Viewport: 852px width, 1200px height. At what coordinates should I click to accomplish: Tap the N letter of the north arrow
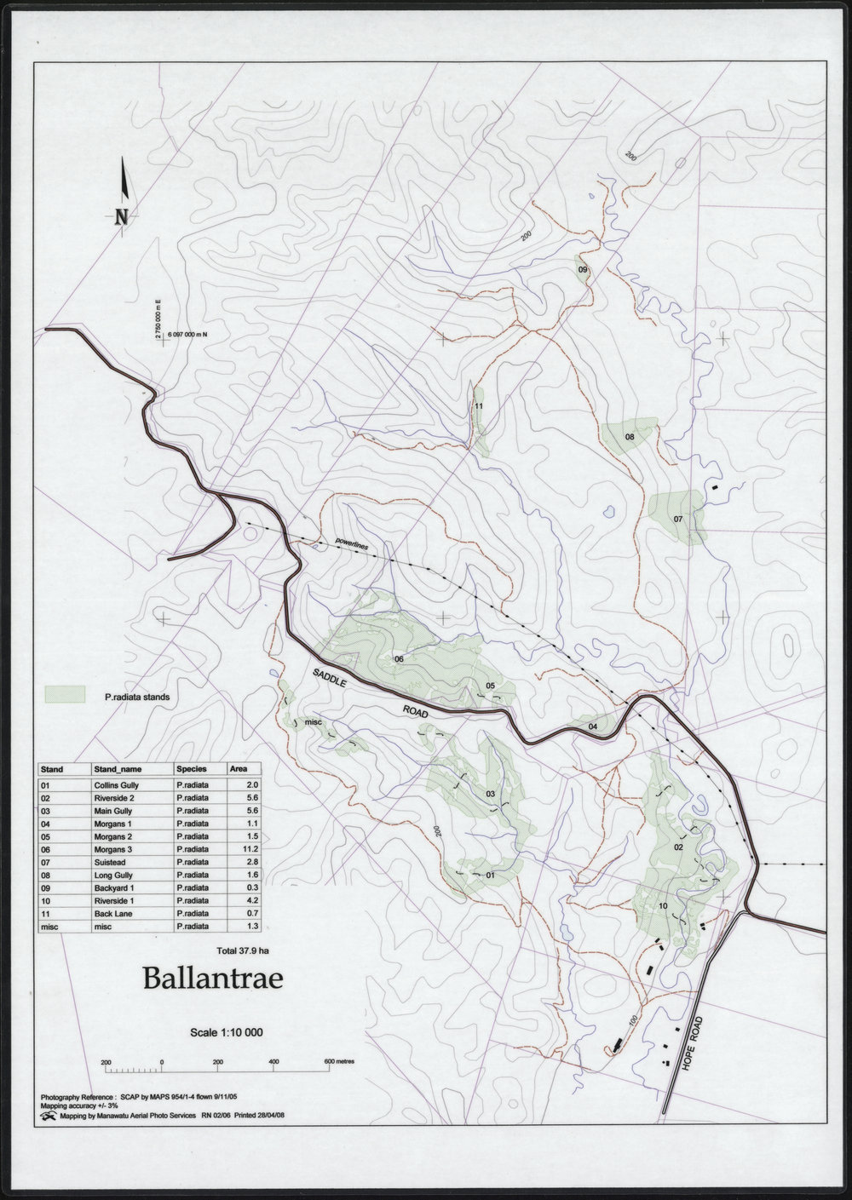tap(122, 216)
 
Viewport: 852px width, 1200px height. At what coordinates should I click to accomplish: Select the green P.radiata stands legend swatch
tap(66, 695)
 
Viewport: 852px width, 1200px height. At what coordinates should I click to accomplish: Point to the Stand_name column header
tap(103, 767)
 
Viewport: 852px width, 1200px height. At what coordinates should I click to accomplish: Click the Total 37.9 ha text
tap(243, 949)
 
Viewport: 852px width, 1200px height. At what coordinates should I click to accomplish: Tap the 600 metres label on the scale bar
tap(338, 1063)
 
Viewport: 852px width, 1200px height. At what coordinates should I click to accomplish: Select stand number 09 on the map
tap(584, 269)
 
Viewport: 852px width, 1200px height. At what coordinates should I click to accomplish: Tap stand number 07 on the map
tap(678, 519)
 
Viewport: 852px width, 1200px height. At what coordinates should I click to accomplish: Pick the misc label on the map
tap(312, 722)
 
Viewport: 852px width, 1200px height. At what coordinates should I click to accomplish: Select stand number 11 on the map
tap(479, 406)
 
